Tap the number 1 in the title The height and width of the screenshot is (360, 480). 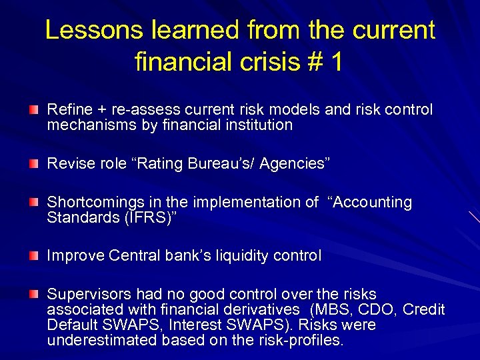pos(336,62)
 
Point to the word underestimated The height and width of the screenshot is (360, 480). pos(93,341)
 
